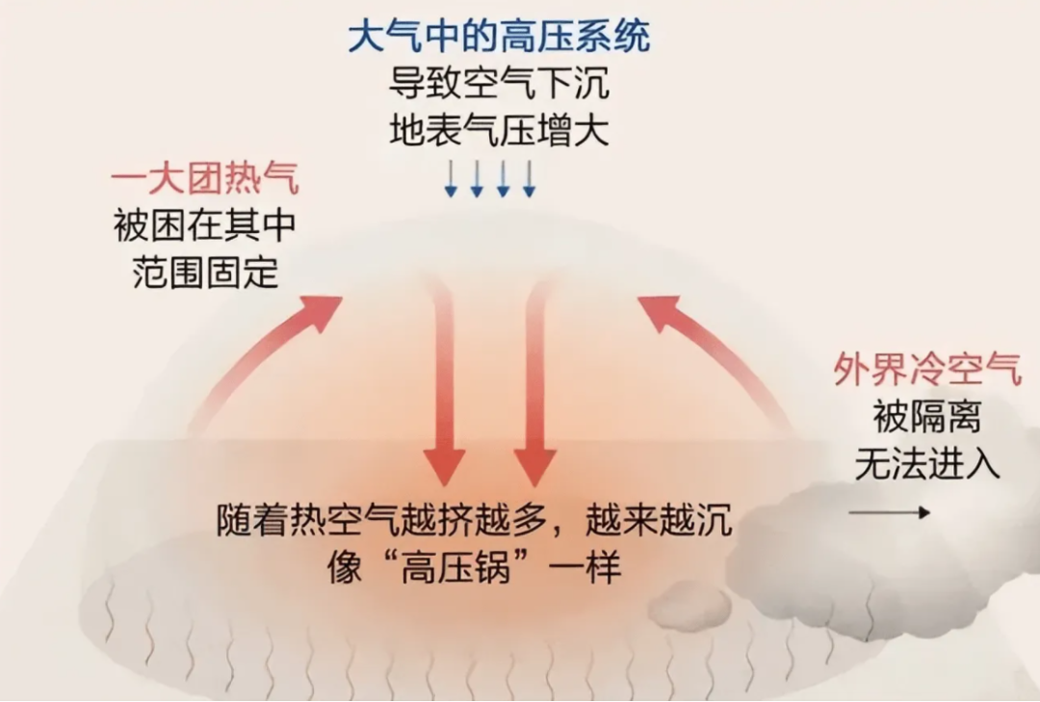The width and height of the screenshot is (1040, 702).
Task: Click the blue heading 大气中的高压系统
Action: (x=499, y=37)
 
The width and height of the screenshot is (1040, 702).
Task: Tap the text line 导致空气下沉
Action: (x=499, y=83)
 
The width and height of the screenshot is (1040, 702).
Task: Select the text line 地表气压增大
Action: (x=499, y=130)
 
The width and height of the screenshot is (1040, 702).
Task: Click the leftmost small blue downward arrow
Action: (x=451, y=180)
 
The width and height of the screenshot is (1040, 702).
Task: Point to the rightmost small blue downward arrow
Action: (x=529, y=180)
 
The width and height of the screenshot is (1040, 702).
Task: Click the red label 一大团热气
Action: (x=204, y=180)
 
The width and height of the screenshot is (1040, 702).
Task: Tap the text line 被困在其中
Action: (x=204, y=227)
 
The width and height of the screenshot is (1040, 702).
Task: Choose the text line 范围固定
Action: (x=204, y=273)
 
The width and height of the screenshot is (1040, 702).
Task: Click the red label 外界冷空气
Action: (x=927, y=371)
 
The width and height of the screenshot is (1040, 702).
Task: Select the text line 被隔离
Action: (x=927, y=418)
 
